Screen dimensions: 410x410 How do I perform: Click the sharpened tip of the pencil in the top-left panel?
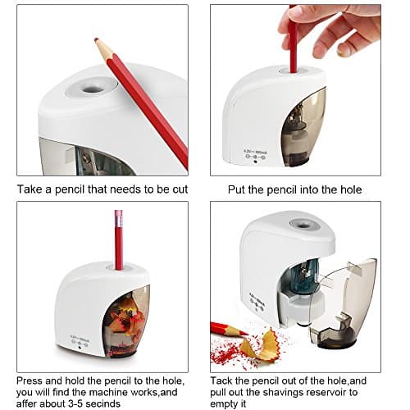pyautogui.click(x=96, y=39)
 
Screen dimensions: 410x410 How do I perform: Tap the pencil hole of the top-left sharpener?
pyautogui.click(x=92, y=89)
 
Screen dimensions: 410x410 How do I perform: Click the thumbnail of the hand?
pyautogui.click(x=341, y=52)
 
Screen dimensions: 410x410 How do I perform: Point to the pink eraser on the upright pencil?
pyautogui.click(x=119, y=218)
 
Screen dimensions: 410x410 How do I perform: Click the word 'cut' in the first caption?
pyautogui.click(x=180, y=189)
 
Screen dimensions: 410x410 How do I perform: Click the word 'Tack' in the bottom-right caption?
pyautogui.click(x=221, y=380)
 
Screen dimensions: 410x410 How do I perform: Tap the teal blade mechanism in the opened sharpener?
pyautogui.click(x=306, y=276)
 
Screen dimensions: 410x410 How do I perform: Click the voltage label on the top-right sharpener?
pyautogui.click(x=255, y=152)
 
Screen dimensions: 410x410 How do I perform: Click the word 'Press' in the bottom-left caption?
pyautogui.click(x=29, y=380)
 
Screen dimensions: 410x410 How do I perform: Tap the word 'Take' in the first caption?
pyautogui.click(x=29, y=189)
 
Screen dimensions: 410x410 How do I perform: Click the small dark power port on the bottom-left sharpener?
pyautogui.click(x=80, y=348)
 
